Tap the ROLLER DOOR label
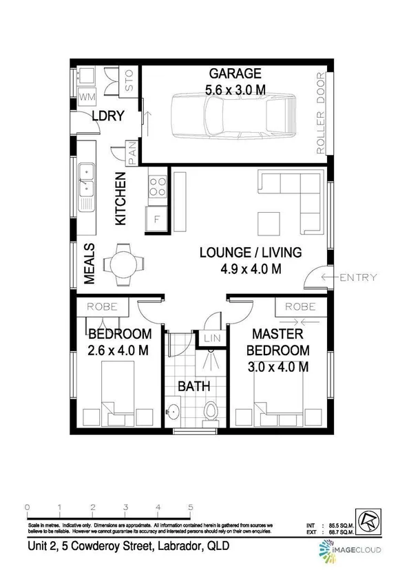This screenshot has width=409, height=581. point(320,114)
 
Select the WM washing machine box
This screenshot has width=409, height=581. point(87,98)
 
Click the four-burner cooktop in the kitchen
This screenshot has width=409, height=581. point(158,184)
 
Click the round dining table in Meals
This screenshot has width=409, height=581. point(124,262)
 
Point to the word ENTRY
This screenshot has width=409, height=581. point(358,277)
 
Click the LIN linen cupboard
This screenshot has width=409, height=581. point(210,339)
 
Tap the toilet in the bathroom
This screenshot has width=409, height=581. point(212,410)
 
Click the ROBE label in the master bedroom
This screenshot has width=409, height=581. point(295,307)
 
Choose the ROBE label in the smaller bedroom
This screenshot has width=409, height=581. point(102,307)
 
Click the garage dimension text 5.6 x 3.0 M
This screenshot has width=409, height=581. point(235,89)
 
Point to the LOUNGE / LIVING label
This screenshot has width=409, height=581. point(240,252)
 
